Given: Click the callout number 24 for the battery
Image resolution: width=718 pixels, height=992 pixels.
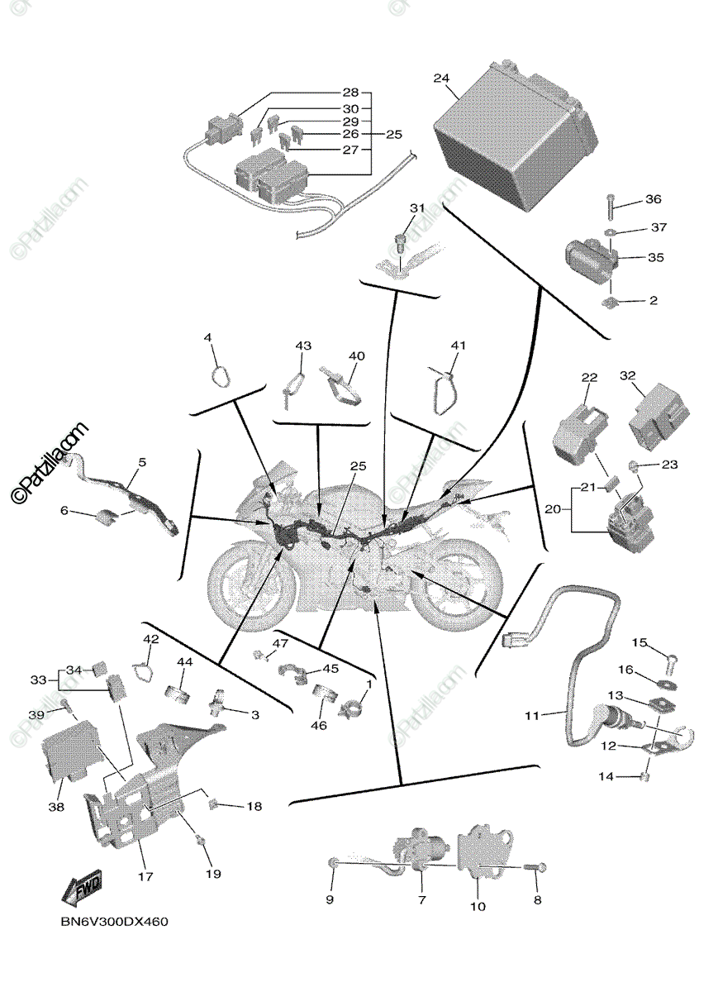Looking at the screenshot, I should [x=441, y=79].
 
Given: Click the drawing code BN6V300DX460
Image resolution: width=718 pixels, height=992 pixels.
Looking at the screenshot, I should [x=110, y=922].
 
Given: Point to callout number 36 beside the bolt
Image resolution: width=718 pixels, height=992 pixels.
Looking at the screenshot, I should [x=653, y=199].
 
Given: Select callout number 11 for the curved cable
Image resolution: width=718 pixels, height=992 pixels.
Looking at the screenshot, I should [x=532, y=715].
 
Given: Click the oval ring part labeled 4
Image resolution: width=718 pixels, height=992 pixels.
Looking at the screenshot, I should [x=220, y=376].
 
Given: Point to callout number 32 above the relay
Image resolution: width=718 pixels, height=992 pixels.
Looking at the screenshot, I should [x=629, y=376].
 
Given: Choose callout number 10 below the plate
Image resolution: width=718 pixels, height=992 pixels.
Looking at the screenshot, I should [x=478, y=906].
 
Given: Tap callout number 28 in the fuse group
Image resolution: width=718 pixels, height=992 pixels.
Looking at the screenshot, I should [x=352, y=93].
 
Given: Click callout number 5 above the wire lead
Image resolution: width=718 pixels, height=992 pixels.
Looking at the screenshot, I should [x=141, y=463].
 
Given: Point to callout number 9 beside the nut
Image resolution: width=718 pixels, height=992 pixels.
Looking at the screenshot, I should [x=330, y=899].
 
